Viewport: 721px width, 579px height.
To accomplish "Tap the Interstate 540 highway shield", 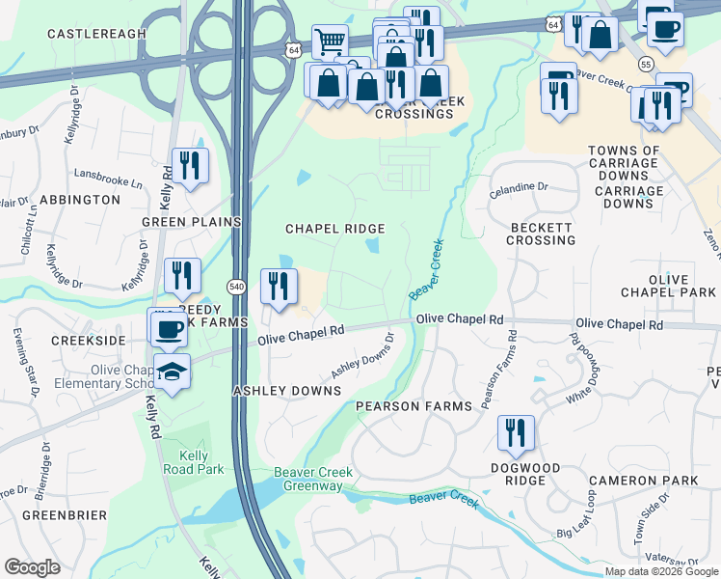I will pos(236,287).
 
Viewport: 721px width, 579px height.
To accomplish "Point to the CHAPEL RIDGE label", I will pos(334,229).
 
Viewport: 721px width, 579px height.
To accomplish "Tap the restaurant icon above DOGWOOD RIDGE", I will pos(516,433).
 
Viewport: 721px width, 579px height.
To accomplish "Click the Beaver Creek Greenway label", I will pos(299,480).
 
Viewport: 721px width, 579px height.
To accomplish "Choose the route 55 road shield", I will pos(646,63).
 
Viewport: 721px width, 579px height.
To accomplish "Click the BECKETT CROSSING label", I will pos(542,233).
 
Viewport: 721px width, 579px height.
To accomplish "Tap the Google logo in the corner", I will pos(33,567).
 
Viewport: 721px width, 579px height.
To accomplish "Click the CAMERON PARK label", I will pos(656,481).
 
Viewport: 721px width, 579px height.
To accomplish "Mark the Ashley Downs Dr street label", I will pos(363,357).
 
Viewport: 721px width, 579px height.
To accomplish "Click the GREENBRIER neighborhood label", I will pos(65,515).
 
